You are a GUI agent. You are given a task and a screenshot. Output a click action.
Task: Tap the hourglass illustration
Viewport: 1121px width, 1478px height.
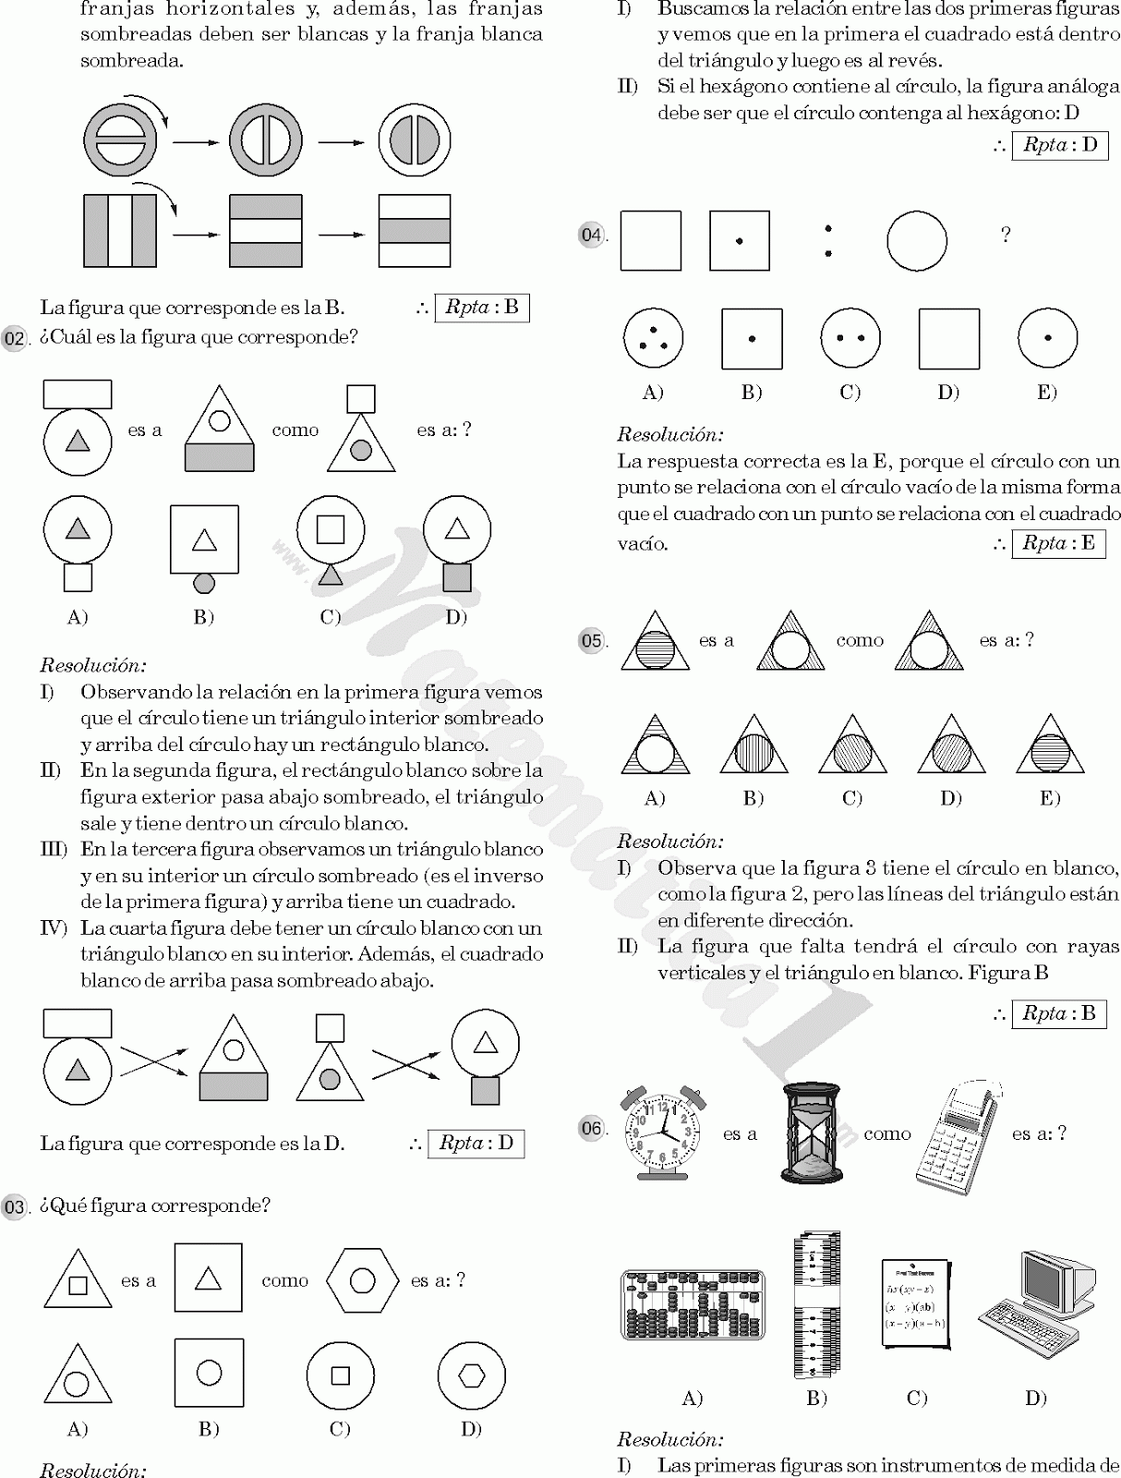(x=811, y=1133)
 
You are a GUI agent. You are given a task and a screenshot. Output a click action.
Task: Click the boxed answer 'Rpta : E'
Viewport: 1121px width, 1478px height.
(x=1058, y=543)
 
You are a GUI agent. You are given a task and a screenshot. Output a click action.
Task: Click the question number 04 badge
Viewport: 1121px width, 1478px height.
(x=591, y=235)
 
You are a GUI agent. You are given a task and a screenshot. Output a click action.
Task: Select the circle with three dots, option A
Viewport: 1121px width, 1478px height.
(x=653, y=339)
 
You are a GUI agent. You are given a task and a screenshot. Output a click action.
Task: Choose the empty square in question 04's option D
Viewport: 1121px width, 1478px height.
(x=948, y=339)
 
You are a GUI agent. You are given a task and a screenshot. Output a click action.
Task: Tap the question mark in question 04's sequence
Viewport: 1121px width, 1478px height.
(x=1006, y=235)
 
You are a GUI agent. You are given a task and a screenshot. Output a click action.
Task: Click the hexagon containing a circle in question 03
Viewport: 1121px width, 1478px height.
(x=362, y=1280)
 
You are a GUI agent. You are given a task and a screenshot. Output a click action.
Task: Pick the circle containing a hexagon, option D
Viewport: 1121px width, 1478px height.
(x=472, y=1375)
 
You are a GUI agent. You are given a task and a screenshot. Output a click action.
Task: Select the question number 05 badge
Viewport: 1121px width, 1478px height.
(x=591, y=640)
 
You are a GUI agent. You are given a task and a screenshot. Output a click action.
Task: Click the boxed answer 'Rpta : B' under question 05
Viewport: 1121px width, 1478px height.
(x=1058, y=1013)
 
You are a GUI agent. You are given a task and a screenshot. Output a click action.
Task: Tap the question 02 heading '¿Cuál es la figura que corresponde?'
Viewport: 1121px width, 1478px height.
(x=198, y=337)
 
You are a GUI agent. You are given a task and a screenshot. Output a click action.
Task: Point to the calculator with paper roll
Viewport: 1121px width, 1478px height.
(x=958, y=1138)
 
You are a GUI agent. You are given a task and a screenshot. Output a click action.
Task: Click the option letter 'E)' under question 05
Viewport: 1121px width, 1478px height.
(x=1049, y=798)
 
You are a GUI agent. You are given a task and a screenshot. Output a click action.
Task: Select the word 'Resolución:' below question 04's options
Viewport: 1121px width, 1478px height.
(x=670, y=434)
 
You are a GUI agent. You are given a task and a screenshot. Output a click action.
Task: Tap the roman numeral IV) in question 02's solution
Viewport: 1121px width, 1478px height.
(x=54, y=927)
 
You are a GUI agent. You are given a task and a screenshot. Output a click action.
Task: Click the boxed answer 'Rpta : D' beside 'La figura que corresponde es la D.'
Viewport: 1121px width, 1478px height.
(x=476, y=1143)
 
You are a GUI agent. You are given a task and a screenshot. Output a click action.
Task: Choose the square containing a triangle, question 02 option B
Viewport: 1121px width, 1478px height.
(x=204, y=539)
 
